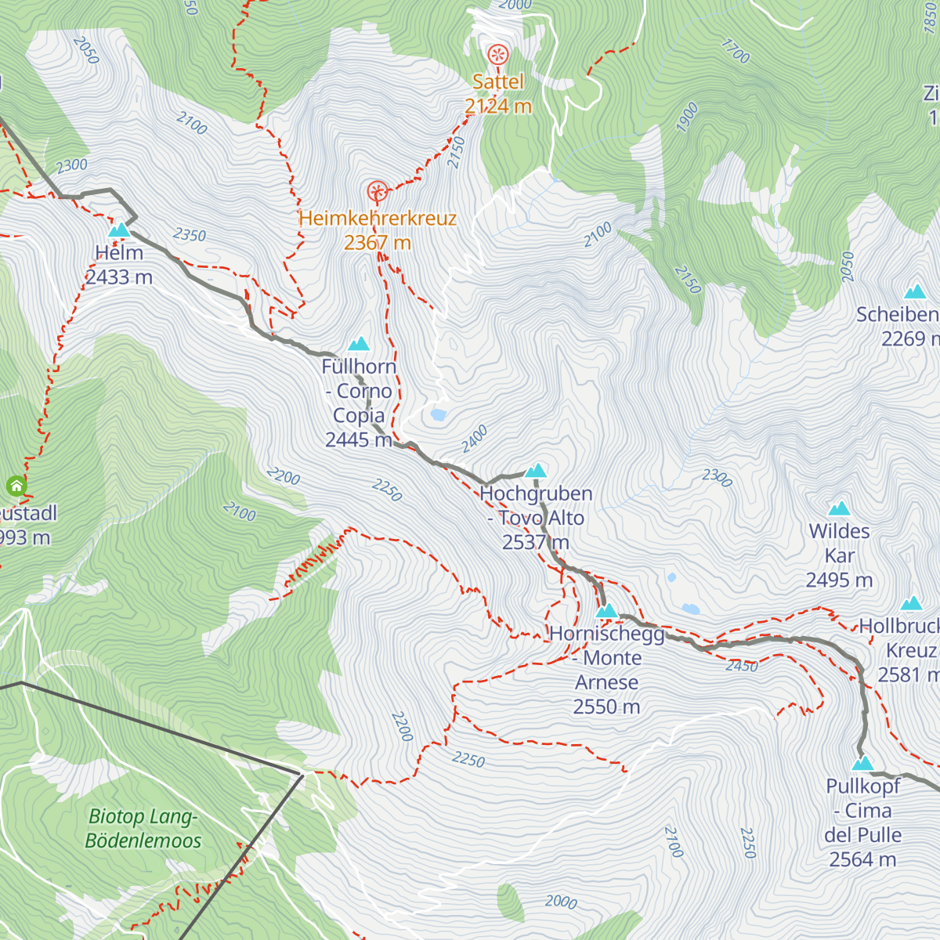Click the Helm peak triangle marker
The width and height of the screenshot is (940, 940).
pyautogui.click(x=118, y=230)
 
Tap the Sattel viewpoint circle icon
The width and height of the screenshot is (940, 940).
pyautogui.click(x=498, y=55)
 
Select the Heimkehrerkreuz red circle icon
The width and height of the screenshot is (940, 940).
pyautogui.click(x=378, y=191)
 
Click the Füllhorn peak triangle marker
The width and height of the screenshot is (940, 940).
pyautogui.click(x=359, y=343)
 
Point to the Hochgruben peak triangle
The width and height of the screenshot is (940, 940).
pyautogui.click(x=536, y=470)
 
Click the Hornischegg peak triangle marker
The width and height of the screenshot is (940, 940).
pyautogui.click(x=607, y=610)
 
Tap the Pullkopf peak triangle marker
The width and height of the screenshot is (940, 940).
pyautogui.click(x=862, y=763)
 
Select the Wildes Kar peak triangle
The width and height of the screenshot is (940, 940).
pyautogui.click(x=839, y=508)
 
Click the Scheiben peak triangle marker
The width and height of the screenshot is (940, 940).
pyautogui.click(x=915, y=292)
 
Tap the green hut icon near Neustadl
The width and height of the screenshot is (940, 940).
pyautogui.click(x=16, y=486)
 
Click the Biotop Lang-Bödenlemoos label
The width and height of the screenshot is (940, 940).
pyautogui.click(x=143, y=829)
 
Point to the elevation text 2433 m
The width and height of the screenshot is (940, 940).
pyautogui.click(x=119, y=277)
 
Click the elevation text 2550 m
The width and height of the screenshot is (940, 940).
pyautogui.click(x=606, y=707)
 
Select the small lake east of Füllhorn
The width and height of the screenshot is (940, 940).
pyautogui.click(x=438, y=414)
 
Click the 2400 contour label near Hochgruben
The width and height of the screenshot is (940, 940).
pyautogui.click(x=474, y=438)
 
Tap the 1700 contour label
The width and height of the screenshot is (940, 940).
pyautogui.click(x=735, y=52)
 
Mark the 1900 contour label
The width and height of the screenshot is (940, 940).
pyautogui.click(x=686, y=117)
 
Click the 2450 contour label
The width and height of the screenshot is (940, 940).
pyautogui.click(x=741, y=666)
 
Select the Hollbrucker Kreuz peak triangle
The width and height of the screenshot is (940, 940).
pyautogui.click(x=911, y=603)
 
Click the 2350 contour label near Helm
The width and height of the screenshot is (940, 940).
pyautogui.click(x=190, y=234)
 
